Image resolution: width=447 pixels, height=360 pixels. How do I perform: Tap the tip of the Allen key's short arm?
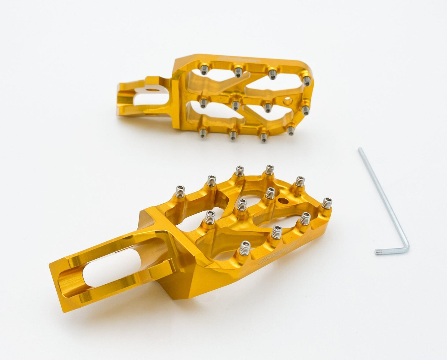click(x=377, y=253)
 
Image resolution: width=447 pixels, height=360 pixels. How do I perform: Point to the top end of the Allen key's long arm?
click(x=360, y=149)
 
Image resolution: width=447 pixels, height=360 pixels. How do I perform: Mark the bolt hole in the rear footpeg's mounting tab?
click(x=151, y=90)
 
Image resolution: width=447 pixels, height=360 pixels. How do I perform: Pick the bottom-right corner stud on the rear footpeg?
click(x=290, y=130)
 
